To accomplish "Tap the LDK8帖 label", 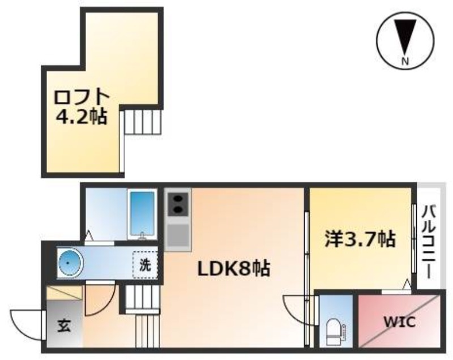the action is tap(233, 268).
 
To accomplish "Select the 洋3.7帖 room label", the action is tap(360, 239).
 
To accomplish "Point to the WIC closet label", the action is tap(399, 322).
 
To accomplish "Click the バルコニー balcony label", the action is tap(429, 241).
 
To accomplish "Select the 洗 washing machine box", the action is tap(145, 265).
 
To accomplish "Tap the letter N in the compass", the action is tap(405, 61).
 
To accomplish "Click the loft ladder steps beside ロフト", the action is tap(143, 122).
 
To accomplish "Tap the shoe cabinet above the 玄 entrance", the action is tap(65, 293).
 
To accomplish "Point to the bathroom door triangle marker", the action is tap(89, 235).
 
